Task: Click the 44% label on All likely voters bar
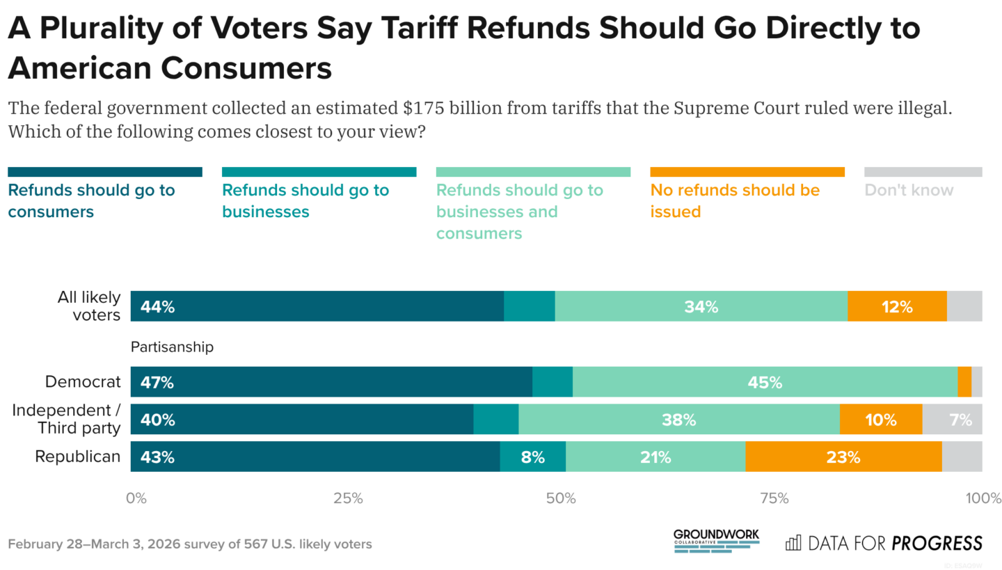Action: click(x=157, y=306)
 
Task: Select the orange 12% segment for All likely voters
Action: click(x=896, y=306)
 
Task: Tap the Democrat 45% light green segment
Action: click(x=765, y=382)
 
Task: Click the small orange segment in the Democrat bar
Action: click(x=964, y=382)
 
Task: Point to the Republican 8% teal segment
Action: click(x=532, y=457)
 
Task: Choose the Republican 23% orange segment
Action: click(x=843, y=457)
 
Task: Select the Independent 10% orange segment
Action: click(x=880, y=420)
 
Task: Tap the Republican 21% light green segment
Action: click(x=655, y=457)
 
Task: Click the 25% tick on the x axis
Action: click(x=348, y=498)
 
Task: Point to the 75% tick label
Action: click(x=774, y=498)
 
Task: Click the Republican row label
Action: click(x=78, y=457)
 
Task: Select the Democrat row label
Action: click(x=83, y=382)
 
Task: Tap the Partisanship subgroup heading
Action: click(x=171, y=347)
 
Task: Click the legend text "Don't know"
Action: click(x=909, y=190)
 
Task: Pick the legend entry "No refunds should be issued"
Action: click(x=735, y=200)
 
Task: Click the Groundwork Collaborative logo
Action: click(x=716, y=541)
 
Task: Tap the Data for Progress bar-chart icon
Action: click(x=793, y=543)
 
